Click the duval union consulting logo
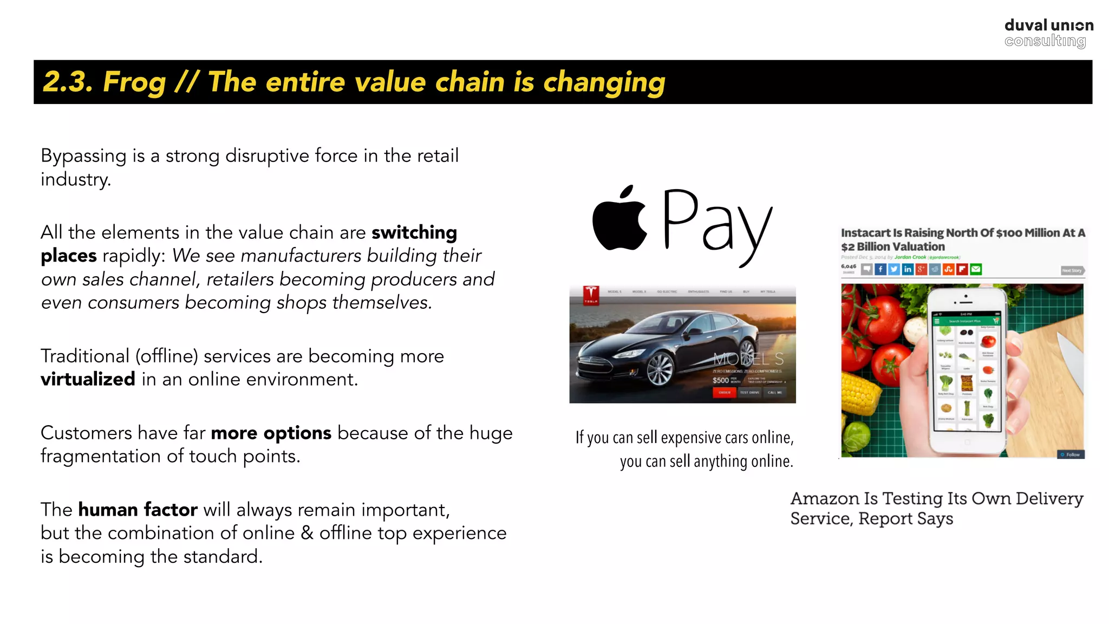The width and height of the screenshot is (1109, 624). coord(1048,33)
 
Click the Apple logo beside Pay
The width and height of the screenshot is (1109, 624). coord(619,219)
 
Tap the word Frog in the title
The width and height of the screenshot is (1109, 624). coord(134,82)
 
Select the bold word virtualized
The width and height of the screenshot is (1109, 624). coord(88,379)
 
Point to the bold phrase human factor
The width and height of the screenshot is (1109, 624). coord(138,510)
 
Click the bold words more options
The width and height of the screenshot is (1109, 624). coord(271,433)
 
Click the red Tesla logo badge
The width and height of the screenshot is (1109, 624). coord(591,295)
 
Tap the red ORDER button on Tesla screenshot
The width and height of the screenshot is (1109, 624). coord(725,392)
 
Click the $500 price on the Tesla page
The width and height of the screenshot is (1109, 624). coord(720,380)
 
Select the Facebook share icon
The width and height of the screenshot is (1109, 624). coord(880,269)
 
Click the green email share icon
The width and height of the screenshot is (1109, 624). coord(976,269)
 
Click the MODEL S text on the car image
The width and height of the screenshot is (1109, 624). coord(748,359)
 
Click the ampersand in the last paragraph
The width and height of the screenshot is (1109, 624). coord(307,533)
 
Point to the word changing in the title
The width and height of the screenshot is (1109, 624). coord(604,82)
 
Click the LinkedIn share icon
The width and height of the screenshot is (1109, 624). coord(908,269)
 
